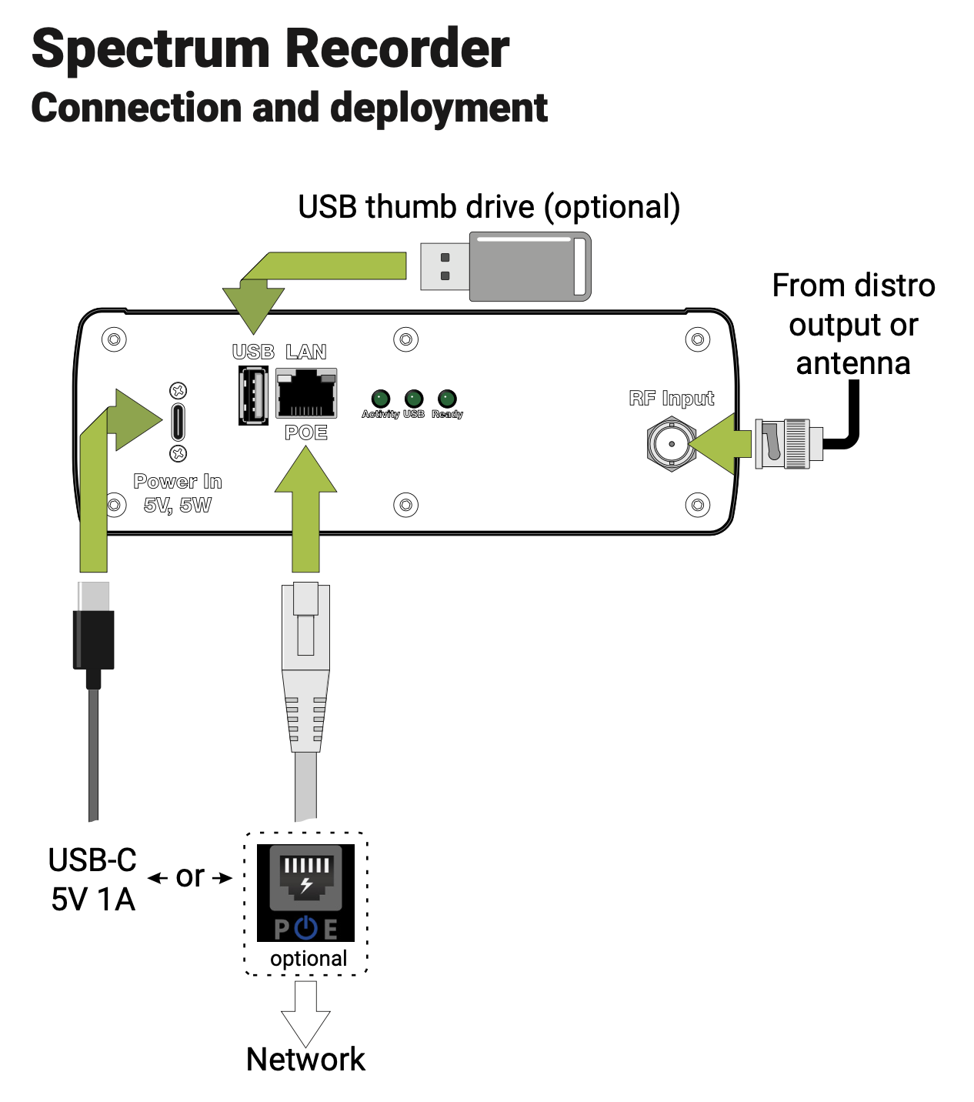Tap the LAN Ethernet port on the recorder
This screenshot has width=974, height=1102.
[306, 393]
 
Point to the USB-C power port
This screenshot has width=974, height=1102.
[178, 422]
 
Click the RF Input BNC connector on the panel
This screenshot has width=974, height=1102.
[671, 444]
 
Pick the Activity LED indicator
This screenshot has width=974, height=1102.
[380, 399]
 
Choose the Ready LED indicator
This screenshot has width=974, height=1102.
[447, 399]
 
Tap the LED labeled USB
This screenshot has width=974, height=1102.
[414, 399]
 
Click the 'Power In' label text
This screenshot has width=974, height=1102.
[178, 482]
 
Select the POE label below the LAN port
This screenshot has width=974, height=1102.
[306, 432]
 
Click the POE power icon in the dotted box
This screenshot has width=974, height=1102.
[305, 893]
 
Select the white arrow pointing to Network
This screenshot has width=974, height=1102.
[305, 1013]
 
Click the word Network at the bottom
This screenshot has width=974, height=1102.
[305, 1060]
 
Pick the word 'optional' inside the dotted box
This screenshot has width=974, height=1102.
[309, 959]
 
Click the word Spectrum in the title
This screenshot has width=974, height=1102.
[152, 48]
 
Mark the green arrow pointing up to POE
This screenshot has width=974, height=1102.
[305, 508]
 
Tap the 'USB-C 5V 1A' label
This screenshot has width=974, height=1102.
[93, 880]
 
